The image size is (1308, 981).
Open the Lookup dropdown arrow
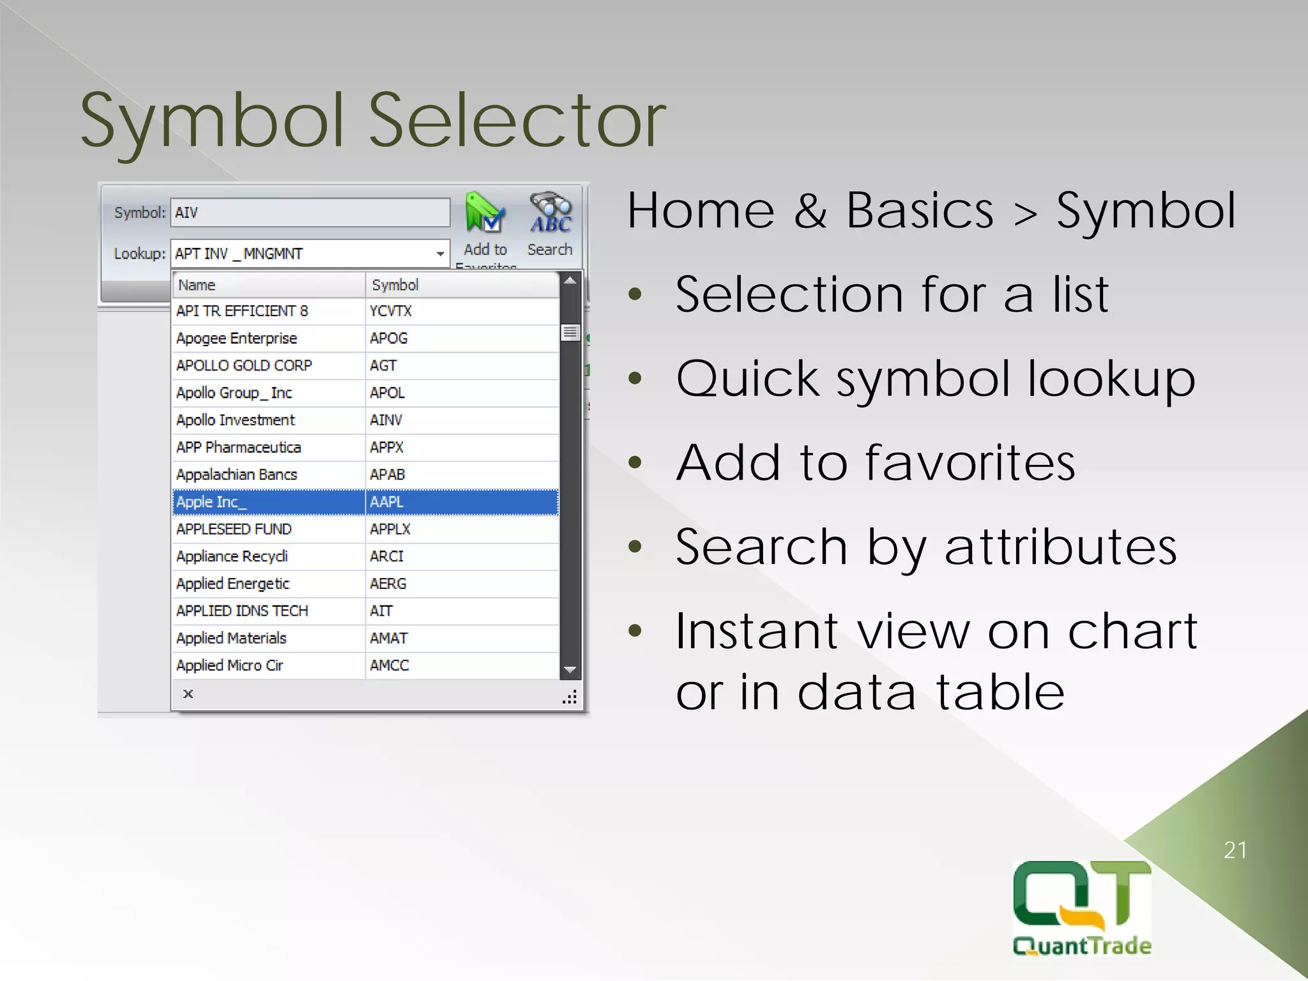(x=440, y=254)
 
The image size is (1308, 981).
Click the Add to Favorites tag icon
(x=485, y=214)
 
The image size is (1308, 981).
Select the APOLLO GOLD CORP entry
(x=245, y=365)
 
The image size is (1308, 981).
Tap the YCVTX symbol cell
(x=391, y=311)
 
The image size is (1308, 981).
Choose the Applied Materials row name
(x=232, y=638)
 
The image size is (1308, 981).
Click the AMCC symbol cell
(x=390, y=665)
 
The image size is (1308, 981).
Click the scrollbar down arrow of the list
(x=570, y=669)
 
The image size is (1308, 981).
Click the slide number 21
(x=1235, y=850)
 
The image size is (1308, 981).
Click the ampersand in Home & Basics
(x=810, y=211)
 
